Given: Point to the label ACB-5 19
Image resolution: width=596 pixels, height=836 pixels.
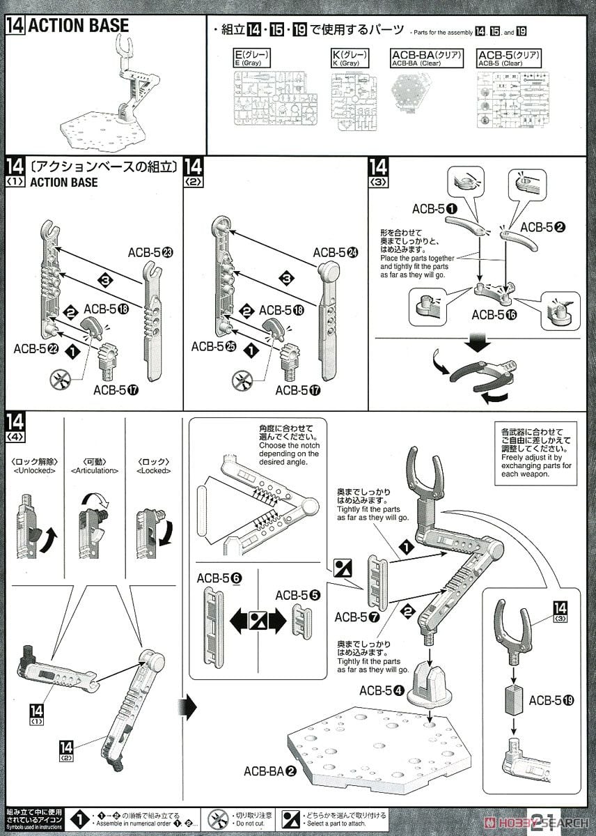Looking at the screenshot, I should (551, 700).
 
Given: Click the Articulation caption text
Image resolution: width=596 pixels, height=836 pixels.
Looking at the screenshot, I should (94, 470).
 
